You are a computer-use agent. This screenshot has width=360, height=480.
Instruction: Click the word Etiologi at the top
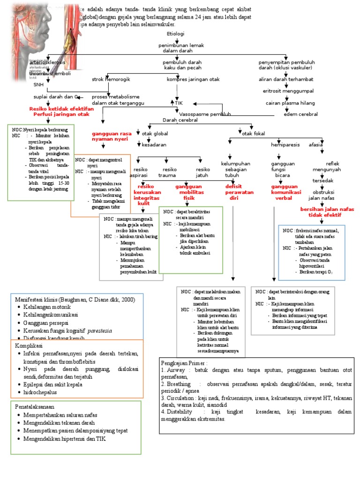click(x=176, y=34)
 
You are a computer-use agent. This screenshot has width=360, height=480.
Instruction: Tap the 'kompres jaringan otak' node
click(x=193, y=79)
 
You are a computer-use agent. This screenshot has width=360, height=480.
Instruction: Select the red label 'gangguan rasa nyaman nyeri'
click(x=112, y=136)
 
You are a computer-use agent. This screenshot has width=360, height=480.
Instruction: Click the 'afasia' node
click(x=315, y=145)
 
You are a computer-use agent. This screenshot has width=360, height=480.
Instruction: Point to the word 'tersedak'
click(x=323, y=181)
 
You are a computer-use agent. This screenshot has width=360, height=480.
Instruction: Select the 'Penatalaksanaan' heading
click(x=37, y=406)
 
